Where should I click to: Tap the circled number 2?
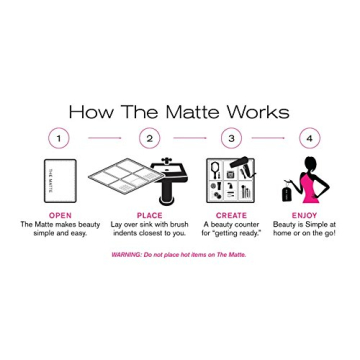pos(149,137)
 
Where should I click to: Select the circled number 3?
pos(232,137)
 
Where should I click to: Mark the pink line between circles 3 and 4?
pos(272,137)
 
